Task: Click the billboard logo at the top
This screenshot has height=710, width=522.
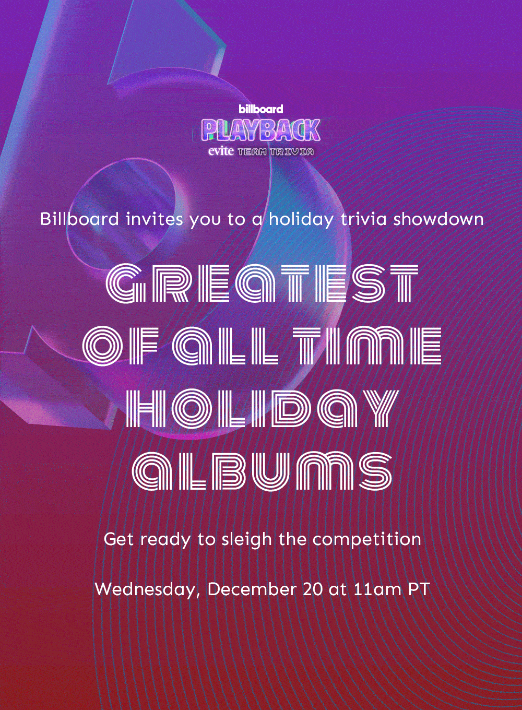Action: pos(261,109)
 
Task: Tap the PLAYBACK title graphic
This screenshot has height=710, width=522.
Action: pos(261,130)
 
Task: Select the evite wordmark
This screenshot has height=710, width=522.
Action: pos(221,151)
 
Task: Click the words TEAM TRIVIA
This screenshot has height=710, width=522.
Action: pos(276,152)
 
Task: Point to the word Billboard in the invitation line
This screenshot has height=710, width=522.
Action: pos(79,219)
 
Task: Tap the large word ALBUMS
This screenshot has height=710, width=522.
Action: pos(262,471)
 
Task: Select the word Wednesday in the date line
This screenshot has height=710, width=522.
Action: pos(148,589)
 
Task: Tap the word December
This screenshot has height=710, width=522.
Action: pos(252,589)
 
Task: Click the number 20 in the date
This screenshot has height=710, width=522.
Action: pos(313,589)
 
